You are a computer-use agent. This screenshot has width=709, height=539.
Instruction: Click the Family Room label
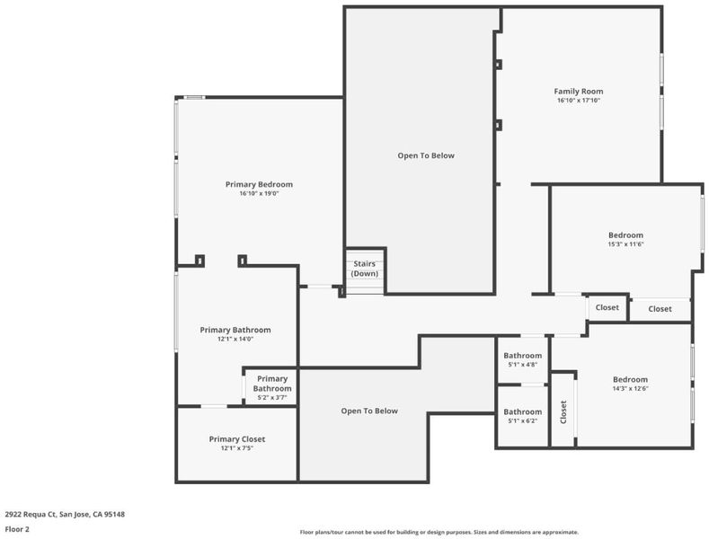tap(579, 92)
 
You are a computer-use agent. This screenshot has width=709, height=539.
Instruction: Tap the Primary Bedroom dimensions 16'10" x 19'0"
tap(259, 193)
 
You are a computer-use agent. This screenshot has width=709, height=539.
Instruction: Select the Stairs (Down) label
tap(365, 269)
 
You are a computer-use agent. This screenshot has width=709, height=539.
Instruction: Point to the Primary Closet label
tap(237, 439)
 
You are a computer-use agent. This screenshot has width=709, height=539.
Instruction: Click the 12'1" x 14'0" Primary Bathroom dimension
tap(235, 339)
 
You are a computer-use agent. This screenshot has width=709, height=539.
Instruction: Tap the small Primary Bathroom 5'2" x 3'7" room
tap(271, 387)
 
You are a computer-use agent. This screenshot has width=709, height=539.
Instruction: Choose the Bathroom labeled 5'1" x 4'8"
tap(523, 359)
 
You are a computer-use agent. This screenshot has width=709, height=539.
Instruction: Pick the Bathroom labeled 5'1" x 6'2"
tap(523, 416)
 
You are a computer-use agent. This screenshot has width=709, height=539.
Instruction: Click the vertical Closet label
tap(563, 412)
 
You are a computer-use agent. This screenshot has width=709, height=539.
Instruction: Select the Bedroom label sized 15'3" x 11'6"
tap(625, 235)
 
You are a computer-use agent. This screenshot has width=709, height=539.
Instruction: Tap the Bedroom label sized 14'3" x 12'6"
tap(630, 379)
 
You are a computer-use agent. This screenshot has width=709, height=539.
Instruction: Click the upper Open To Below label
tap(426, 155)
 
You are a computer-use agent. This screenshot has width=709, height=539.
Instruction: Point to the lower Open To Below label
tap(369, 411)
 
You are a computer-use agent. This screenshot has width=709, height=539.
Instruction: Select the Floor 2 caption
tap(17, 529)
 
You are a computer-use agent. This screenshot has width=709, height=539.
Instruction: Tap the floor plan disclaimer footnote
tap(439, 532)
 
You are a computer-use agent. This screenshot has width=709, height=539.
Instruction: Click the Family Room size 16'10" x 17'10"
tap(579, 101)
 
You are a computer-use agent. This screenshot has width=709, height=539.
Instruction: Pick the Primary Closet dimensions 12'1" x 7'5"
tap(237, 448)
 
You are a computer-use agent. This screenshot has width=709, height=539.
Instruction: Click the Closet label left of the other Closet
tap(607, 307)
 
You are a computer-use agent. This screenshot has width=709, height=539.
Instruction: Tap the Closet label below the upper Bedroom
tap(660, 309)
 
